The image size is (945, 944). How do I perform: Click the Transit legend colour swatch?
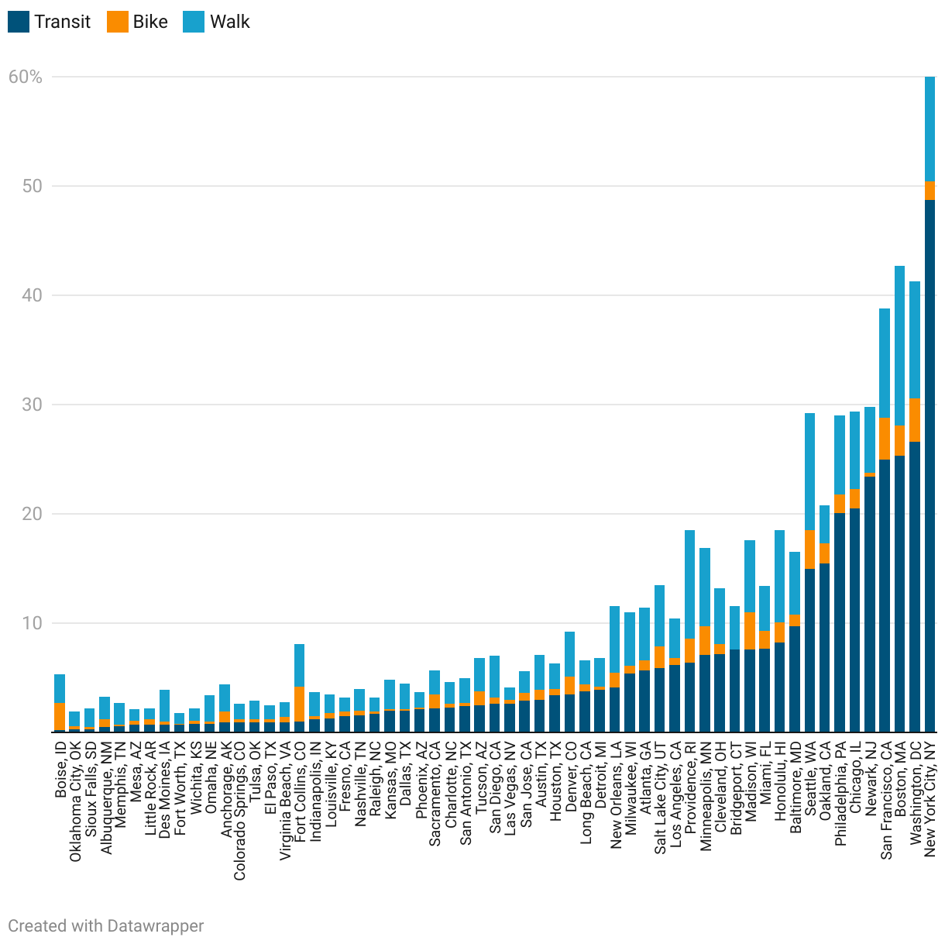pos(19,22)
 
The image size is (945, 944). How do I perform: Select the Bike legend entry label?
pos(150,22)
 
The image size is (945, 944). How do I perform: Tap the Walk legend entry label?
pos(230,22)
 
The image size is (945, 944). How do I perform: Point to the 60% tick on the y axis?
pos(26,77)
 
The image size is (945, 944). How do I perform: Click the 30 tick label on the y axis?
pos(26,405)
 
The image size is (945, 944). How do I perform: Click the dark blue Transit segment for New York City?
pos(930,465)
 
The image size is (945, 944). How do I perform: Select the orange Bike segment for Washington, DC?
pos(915,420)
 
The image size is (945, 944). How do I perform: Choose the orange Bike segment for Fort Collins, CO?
pos(299,704)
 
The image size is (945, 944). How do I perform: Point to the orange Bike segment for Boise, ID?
pos(60,716)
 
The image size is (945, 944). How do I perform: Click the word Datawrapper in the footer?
pos(156,925)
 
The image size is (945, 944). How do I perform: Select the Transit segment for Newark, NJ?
pos(870,604)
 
